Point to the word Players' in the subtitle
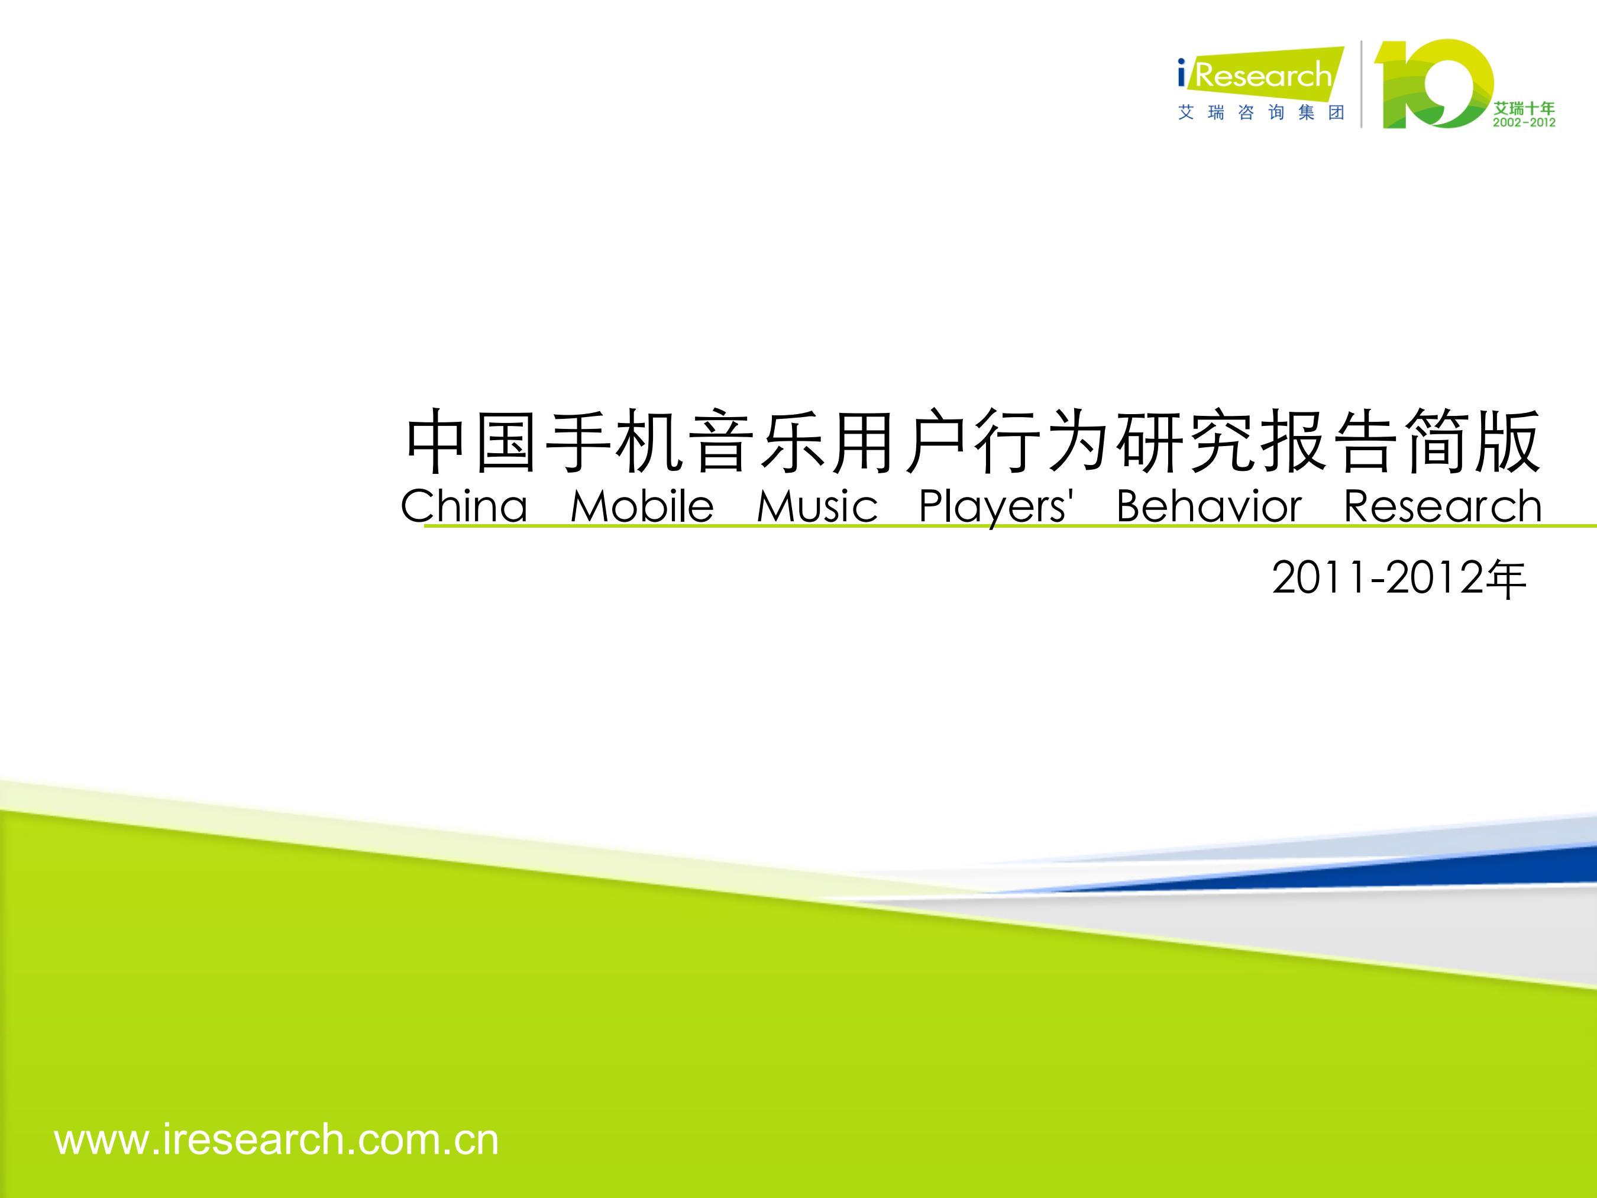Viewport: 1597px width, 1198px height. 997,508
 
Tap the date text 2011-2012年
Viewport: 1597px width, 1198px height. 1398,579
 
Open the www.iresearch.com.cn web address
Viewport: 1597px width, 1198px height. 276,1139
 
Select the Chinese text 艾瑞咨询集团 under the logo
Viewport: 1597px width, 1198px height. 1260,112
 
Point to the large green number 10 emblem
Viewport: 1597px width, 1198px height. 1433,84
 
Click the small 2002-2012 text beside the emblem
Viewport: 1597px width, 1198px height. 1524,123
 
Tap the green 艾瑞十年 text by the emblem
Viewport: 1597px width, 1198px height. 1524,108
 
